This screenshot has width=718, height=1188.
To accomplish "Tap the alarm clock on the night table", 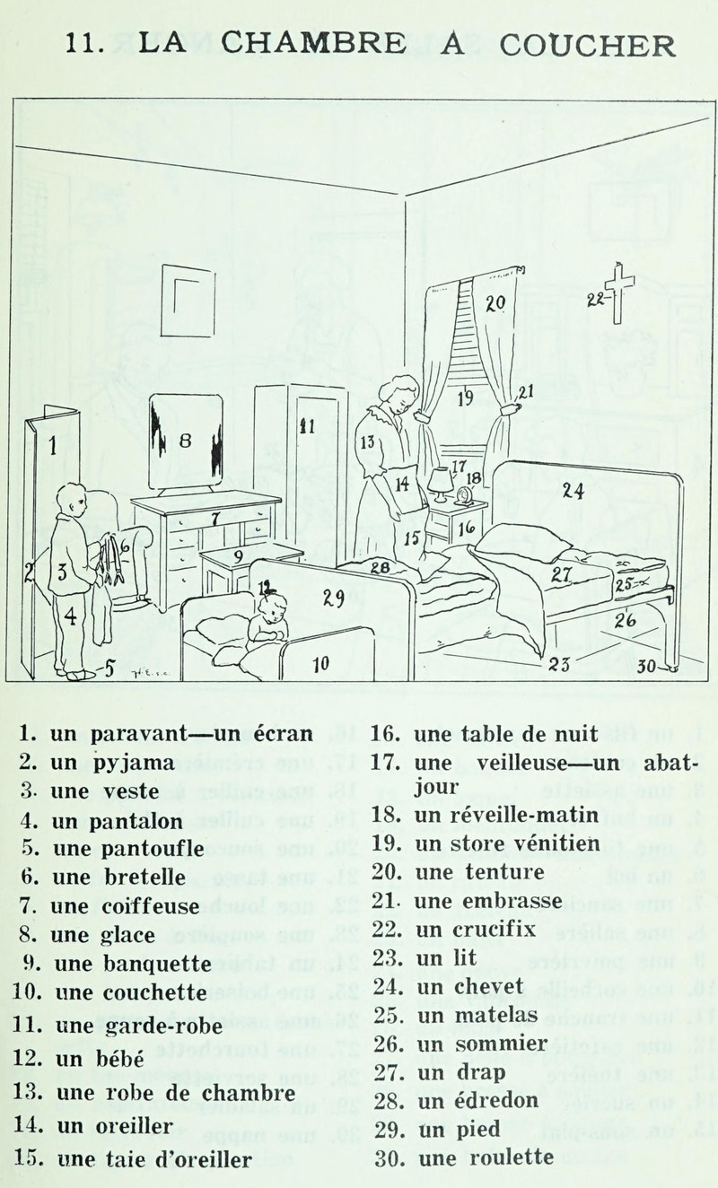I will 463,494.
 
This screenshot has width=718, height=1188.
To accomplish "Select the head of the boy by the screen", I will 71,501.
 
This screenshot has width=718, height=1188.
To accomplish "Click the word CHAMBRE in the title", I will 304,45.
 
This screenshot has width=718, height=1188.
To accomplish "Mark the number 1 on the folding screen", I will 53,444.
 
